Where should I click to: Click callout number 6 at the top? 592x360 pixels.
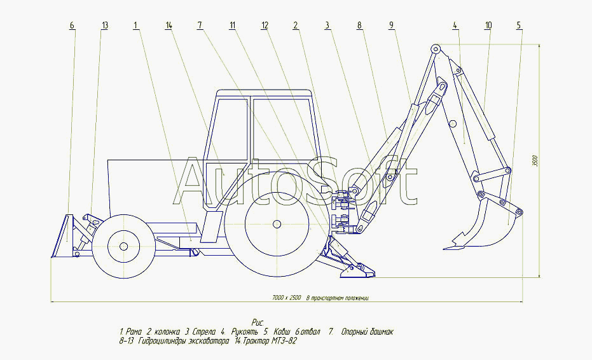click(72, 25)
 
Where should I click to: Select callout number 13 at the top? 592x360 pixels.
click(104, 25)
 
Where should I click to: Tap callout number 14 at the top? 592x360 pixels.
click(169, 25)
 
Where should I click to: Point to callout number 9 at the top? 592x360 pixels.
click(392, 25)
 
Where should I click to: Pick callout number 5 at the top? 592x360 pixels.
click(518, 25)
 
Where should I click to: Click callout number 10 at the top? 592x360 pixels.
click(487, 25)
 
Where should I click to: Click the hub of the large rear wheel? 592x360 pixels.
click(276, 224)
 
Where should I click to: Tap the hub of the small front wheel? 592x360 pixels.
click(123, 246)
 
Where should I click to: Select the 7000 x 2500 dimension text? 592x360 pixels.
click(320, 298)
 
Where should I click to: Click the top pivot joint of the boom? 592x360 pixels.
click(435, 48)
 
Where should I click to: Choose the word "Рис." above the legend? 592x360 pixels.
click(257, 323)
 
